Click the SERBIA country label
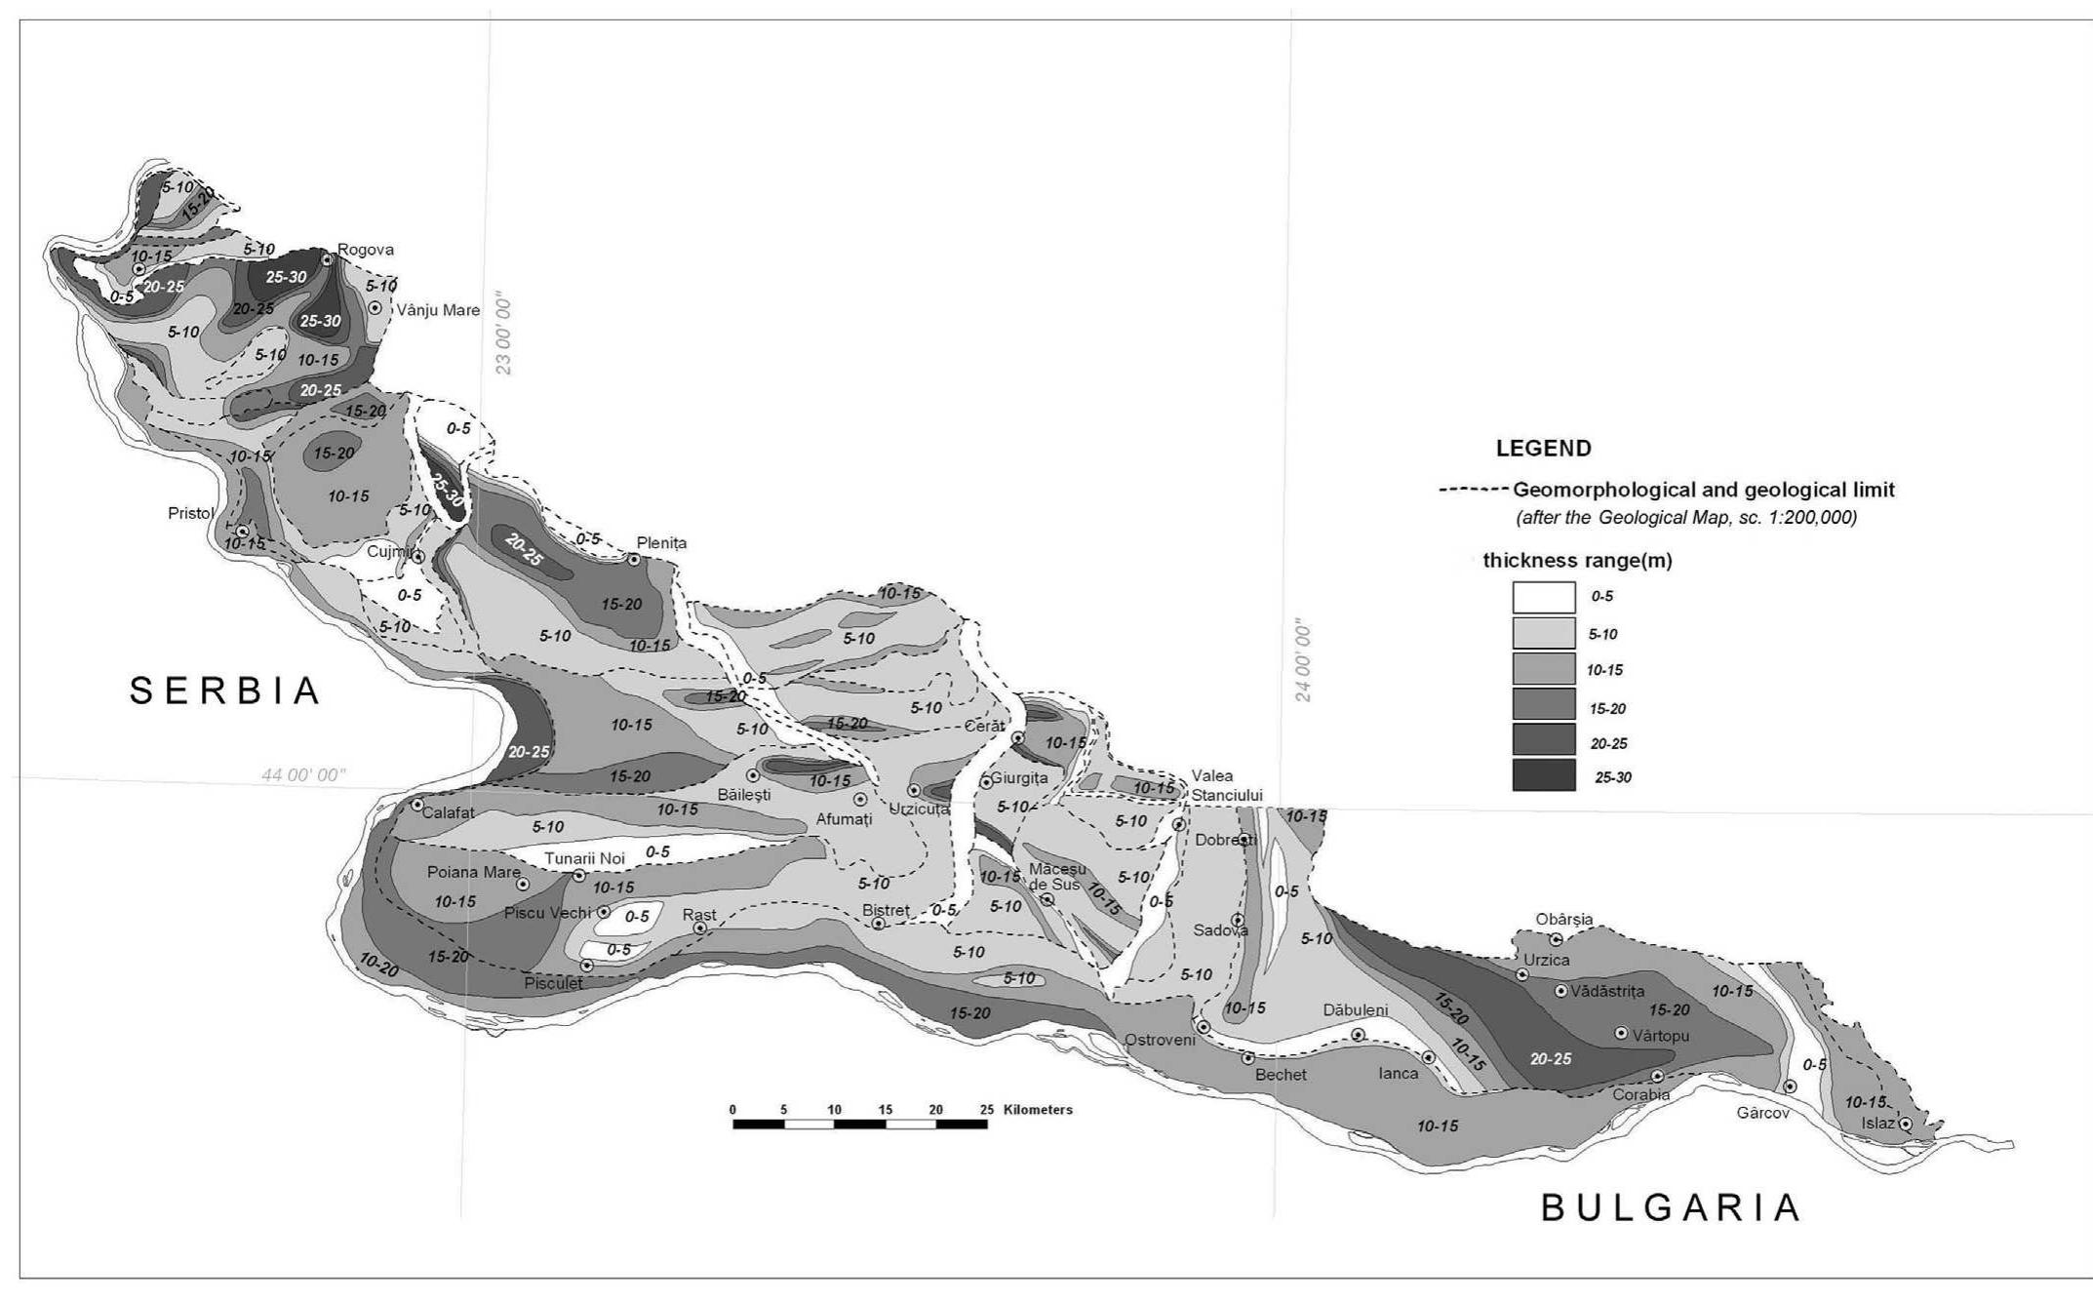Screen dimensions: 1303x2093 225,691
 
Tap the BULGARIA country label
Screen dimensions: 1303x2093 1670,1207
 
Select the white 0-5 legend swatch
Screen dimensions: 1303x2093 1543,597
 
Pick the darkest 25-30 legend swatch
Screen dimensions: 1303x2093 1543,776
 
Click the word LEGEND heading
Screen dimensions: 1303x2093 1543,449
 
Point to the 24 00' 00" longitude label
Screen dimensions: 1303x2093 1303,659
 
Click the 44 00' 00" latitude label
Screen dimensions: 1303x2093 303,775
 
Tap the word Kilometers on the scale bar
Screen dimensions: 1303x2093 1038,1110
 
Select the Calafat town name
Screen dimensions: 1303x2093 449,812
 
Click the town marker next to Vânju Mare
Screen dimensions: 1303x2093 375,307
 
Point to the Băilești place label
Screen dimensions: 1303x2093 744,795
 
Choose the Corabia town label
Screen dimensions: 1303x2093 1641,1094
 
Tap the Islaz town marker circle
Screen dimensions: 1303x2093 1905,1125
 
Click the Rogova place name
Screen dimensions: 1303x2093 366,250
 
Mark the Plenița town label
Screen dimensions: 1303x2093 661,543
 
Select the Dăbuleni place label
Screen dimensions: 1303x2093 1355,1010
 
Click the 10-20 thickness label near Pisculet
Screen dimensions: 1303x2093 378,965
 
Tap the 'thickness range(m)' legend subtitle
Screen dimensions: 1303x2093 1577,561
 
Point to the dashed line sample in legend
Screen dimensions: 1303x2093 1473,490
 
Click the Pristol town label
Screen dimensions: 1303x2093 190,513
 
